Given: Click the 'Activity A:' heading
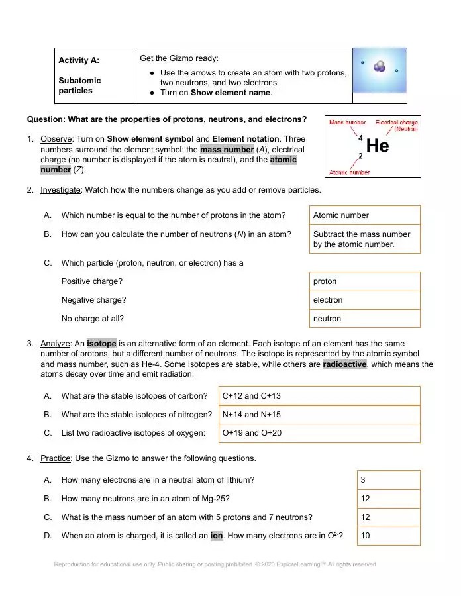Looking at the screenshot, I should pos(79,60).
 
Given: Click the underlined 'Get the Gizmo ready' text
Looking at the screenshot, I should pos(178,58).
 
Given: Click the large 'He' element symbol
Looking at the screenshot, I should pos(378,146).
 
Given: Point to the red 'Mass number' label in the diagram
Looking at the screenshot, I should pos(348,123).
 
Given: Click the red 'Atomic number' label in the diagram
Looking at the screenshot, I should pos(349,172).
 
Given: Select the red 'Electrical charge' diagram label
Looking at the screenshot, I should pos(396,123).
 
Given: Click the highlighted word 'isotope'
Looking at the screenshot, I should pos(101,344).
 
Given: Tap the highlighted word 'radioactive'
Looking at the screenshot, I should pos(344,364).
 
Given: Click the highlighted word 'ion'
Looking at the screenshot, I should pos(217,535).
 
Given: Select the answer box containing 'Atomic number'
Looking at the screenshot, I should pos(364,215).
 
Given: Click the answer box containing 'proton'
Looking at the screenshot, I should pos(364,281).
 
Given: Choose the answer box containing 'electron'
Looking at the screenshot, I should pos(364,300).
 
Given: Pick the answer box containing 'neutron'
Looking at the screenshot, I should pos(364,319).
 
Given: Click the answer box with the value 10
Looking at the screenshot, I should pos(388,535).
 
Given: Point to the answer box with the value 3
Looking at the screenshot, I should pos(388,479).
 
